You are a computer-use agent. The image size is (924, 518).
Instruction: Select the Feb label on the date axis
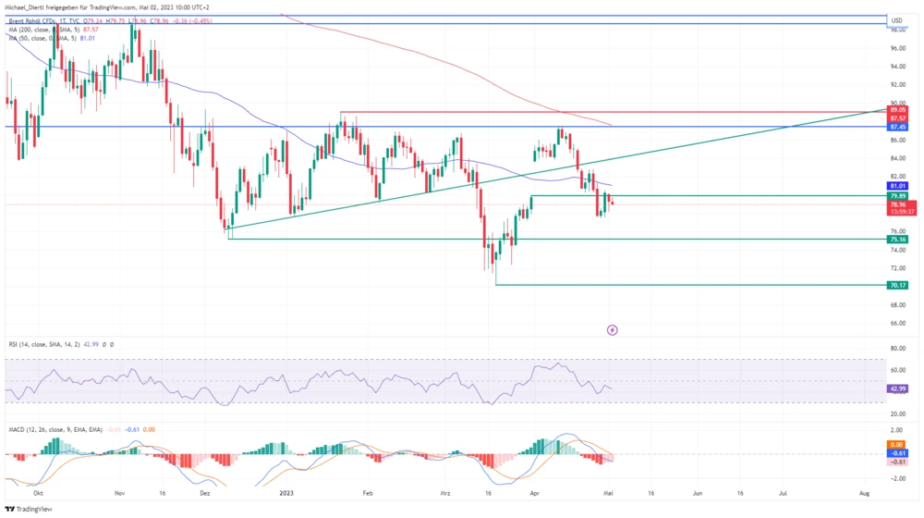point(369,494)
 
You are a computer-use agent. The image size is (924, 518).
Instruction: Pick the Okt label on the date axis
point(38,494)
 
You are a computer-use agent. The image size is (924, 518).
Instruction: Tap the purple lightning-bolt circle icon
point(611,329)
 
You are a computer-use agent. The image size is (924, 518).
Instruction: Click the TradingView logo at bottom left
point(29,509)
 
